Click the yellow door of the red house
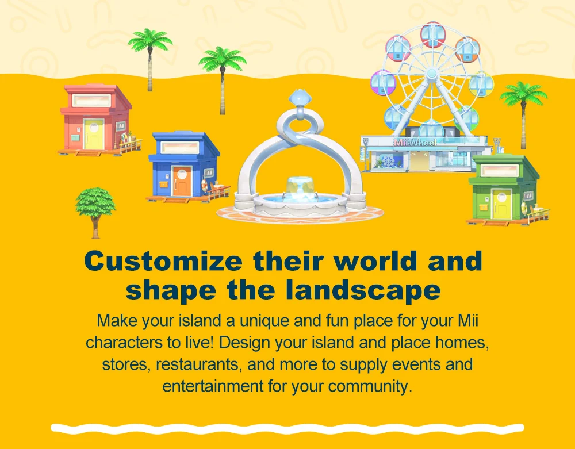[94, 134]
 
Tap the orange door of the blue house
[182, 182]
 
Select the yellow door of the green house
[501, 205]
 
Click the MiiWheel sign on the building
[415, 142]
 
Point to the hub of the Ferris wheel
[432, 74]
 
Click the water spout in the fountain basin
[300, 187]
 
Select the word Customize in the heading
[163, 261]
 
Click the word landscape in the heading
[363, 290]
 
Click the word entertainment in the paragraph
[213, 386]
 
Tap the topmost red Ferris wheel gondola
[433, 35]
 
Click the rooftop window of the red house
[91, 101]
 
